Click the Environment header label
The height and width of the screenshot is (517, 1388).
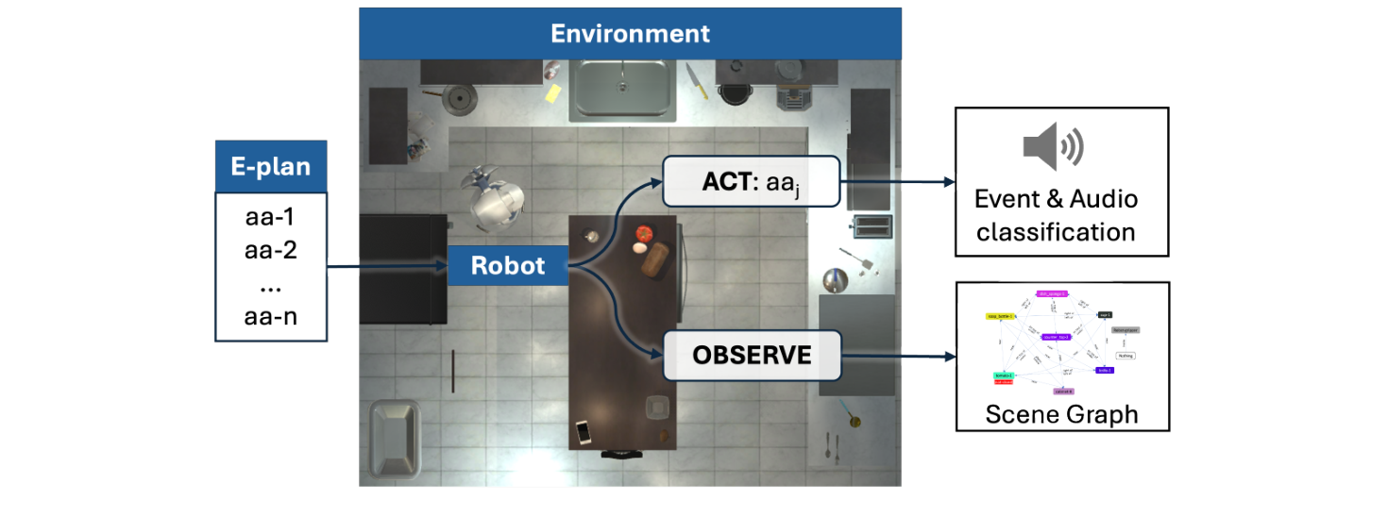[x=630, y=35]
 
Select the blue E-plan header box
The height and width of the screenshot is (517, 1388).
[x=271, y=167]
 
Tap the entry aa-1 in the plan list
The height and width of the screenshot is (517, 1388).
[x=270, y=217]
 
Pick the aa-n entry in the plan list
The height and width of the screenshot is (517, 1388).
[x=270, y=316]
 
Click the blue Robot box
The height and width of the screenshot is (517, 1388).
[x=508, y=266]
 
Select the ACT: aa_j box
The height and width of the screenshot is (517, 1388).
[x=751, y=182]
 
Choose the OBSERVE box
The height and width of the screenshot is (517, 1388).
[x=751, y=355]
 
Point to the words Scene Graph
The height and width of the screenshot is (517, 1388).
[x=1061, y=414]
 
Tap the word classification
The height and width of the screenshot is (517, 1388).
[x=1056, y=232]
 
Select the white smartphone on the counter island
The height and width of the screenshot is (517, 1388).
[x=584, y=432]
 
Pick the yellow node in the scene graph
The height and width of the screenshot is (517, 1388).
[x=1000, y=317]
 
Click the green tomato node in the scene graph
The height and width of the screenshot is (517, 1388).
[x=1004, y=375]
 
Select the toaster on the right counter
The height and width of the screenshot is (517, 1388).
[x=873, y=226]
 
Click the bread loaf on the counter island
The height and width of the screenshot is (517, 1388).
[x=655, y=262]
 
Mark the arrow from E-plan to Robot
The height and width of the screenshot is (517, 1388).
[x=386, y=267]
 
